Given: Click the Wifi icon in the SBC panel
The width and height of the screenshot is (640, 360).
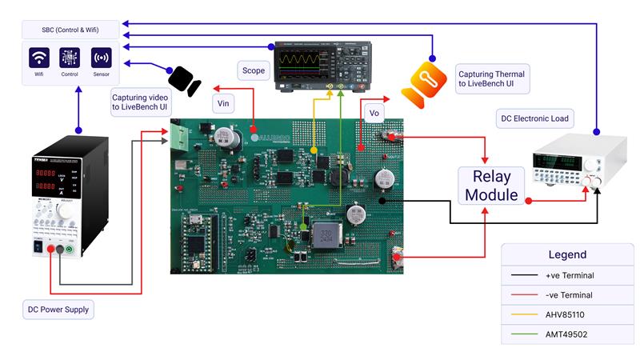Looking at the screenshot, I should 39,58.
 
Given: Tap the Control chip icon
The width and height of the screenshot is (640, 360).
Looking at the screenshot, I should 70,58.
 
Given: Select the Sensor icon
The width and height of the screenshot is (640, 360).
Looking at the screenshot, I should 101,58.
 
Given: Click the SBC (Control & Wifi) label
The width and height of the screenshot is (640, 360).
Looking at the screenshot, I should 71,30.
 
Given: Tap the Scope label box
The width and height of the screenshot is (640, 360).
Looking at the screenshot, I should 253,70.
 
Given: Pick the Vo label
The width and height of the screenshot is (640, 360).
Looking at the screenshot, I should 374,113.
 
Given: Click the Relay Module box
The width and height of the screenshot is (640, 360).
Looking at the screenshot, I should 491,185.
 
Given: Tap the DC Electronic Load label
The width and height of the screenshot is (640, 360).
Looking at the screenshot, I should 534,119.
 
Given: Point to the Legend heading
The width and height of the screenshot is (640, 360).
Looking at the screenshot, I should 567,254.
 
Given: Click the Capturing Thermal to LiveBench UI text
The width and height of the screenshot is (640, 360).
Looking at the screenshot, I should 487,78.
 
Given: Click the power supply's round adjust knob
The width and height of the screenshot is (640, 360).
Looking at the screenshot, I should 62,210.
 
